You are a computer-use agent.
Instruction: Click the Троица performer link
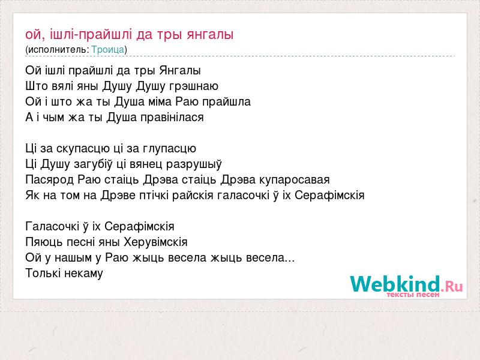pyautogui.click(x=108, y=50)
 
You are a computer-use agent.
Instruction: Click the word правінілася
pyautogui.click(x=172, y=117)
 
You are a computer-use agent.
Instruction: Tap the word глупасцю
pyautogui.click(x=169, y=149)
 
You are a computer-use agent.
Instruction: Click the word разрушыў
pyautogui.click(x=194, y=164)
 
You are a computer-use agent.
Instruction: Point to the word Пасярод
pyautogui.click(x=50, y=179)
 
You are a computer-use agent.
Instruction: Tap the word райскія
pyautogui.click(x=193, y=196)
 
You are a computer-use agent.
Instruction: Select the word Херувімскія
pyautogui.click(x=155, y=242)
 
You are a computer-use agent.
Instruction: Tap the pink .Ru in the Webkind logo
pyautogui.click(x=452, y=287)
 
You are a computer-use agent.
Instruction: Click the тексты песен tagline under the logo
pyautogui.click(x=413, y=295)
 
